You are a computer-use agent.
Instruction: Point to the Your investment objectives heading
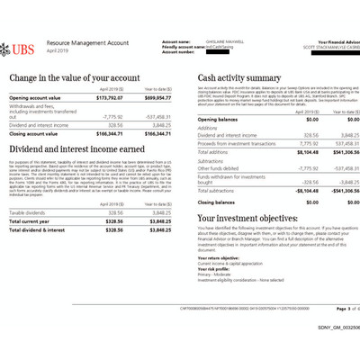click(256, 218)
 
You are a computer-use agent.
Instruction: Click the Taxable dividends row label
click(30, 213)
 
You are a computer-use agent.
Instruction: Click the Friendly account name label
click(184, 46)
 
